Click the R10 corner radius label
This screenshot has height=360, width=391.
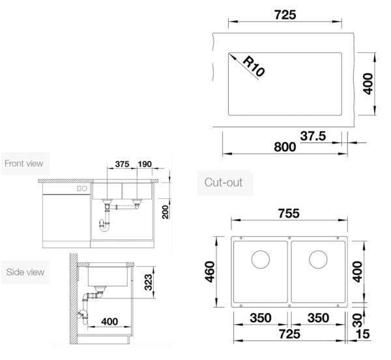click(253, 66)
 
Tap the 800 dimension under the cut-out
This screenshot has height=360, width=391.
click(285, 147)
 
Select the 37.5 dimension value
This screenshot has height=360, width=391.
click(313, 136)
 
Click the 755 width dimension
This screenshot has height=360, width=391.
click(289, 213)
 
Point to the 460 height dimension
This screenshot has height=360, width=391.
click(210, 272)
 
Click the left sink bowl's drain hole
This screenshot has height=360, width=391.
click(261, 259)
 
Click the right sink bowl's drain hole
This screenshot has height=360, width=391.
click(318, 259)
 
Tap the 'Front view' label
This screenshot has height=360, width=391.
click(24, 164)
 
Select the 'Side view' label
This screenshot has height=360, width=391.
click(25, 272)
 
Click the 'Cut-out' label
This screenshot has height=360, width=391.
click(223, 183)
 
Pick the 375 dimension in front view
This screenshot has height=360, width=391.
click(123, 164)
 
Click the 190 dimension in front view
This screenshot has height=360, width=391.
click(145, 164)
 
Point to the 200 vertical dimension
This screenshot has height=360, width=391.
click(166, 212)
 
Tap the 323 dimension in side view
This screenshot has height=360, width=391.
click(148, 282)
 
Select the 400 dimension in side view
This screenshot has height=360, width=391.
click(109, 322)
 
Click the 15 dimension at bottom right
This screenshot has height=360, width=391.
click(363, 334)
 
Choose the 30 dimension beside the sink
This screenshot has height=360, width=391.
click(358, 321)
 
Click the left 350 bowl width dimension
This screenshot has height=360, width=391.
click(261, 318)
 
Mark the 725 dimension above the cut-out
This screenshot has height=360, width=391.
click(285, 15)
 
